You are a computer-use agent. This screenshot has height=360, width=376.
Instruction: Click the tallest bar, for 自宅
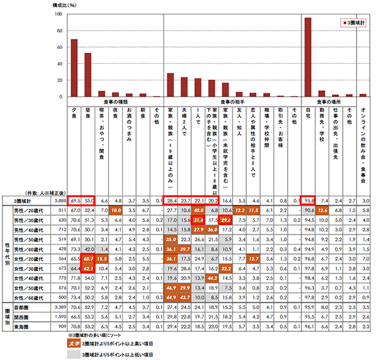[x=308, y=57]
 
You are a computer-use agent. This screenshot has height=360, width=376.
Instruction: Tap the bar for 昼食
[x=88, y=75]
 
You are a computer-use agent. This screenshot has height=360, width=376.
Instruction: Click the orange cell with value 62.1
[x=88, y=251]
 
